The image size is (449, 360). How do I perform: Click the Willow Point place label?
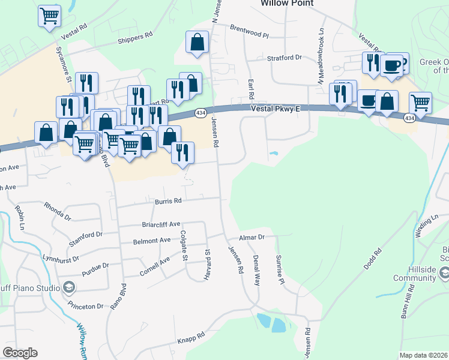[x=287, y=3]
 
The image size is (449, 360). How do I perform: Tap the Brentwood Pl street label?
[x=250, y=31]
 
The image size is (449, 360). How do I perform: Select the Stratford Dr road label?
[x=283, y=58]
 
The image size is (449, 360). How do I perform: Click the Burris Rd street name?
[x=168, y=202]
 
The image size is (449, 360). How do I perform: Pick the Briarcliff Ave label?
[x=161, y=224]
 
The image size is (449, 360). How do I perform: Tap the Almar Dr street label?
[x=252, y=238]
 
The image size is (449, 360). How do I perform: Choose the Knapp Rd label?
[x=191, y=338]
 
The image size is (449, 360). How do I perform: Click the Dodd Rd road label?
[x=369, y=260]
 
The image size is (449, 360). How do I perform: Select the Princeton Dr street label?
[x=86, y=306]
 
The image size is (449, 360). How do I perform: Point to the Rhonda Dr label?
[x=58, y=209]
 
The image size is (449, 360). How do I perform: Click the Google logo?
[x=20, y=353]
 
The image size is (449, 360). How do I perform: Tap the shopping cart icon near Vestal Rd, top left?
[x=49, y=15]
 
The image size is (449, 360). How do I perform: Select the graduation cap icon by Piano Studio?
[x=70, y=287]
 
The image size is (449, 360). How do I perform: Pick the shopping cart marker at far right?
[x=421, y=102]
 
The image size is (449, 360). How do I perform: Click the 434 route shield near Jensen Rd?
[x=200, y=113]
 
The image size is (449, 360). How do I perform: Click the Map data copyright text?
[x=423, y=355]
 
